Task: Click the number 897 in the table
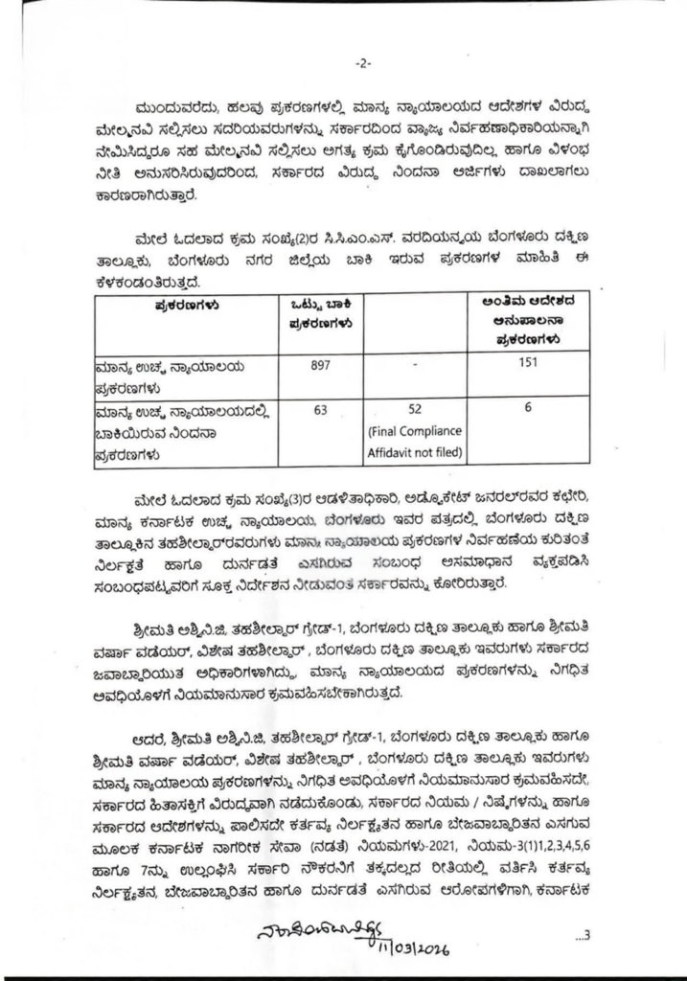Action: [322, 365]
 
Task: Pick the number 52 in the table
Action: [415, 410]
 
